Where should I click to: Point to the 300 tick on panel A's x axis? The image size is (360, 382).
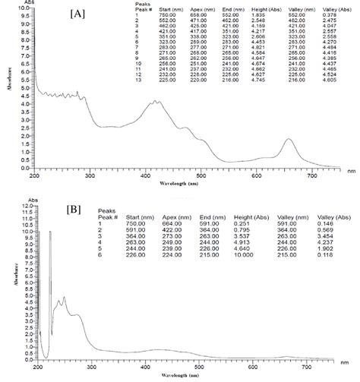click(90, 175)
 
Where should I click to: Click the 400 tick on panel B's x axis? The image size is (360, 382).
click(146, 367)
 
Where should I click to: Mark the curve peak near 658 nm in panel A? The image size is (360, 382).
click(289, 140)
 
